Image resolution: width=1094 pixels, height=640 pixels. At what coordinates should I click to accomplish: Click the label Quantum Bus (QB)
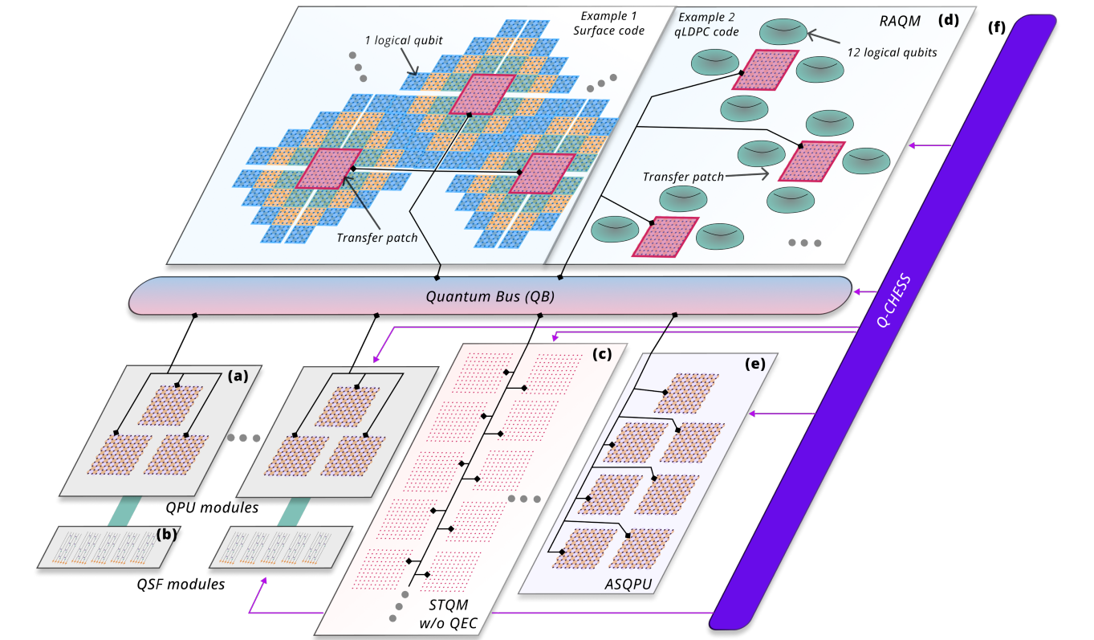490,295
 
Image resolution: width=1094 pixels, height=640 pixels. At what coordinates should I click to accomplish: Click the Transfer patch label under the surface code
376,237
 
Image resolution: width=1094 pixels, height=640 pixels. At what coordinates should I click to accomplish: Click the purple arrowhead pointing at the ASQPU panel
751,414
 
